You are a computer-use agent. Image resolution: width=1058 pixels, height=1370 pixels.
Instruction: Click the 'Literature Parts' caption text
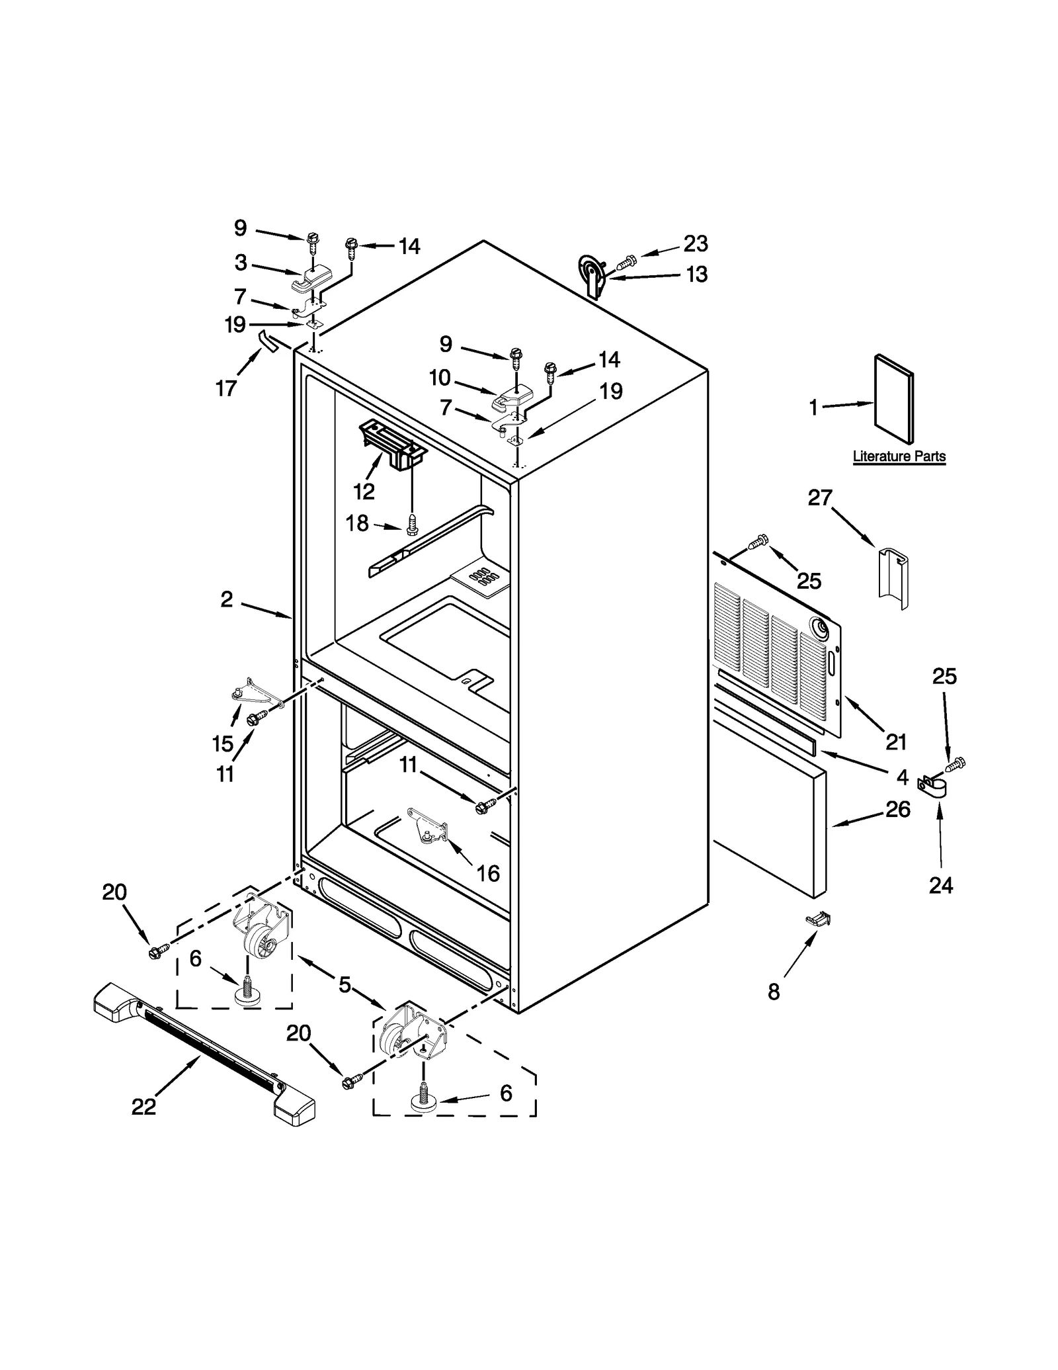(x=899, y=456)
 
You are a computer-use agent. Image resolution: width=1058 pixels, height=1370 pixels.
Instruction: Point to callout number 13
(x=696, y=274)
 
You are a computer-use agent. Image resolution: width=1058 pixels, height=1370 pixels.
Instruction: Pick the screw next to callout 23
(x=626, y=263)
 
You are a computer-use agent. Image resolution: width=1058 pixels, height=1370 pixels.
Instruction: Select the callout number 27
(x=819, y=497)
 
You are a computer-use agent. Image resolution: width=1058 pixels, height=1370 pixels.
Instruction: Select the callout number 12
(x=364, y=491)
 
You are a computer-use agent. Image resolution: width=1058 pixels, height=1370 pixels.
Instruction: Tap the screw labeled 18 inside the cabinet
(x=412, y=526)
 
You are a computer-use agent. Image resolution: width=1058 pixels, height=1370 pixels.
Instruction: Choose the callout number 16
(x=488, y=873)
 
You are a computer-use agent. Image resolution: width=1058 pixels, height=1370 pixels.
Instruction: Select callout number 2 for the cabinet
(x=226, y=599)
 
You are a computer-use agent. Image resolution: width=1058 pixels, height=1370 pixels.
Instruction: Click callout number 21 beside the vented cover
(x=895, y=742)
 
